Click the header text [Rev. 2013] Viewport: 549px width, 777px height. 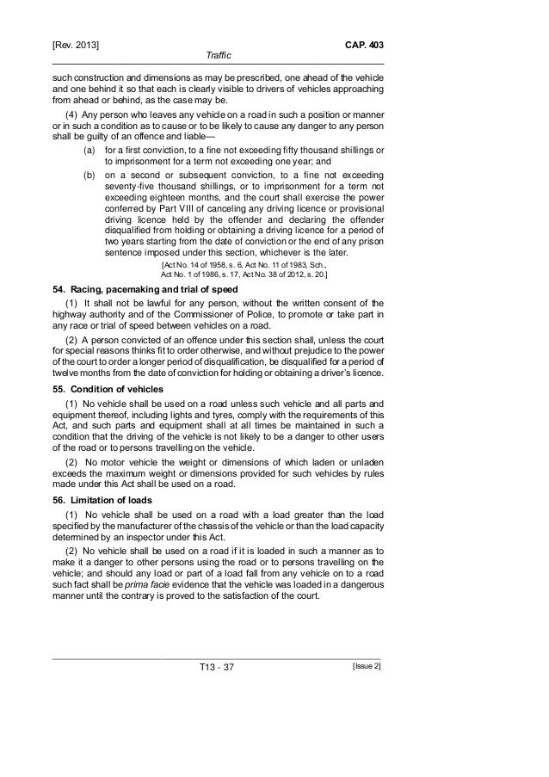(77, 43)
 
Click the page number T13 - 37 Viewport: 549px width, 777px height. (218, 669)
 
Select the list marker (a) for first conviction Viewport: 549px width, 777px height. (89, 150)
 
